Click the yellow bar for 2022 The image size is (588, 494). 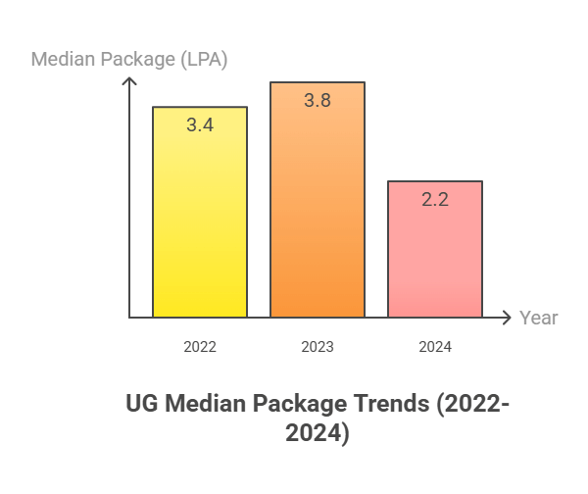point(200,225)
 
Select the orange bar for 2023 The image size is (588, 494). point(318,216)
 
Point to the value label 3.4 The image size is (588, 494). point(200,124)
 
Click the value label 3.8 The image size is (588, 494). point(318,100)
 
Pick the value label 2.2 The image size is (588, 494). point(435,199)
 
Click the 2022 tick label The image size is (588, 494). point(200,347)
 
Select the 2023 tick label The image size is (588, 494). point(318,347)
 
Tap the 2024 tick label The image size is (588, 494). point(435,347)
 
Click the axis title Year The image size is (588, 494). point(539,318)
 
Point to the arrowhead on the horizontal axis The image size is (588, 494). point(507,318)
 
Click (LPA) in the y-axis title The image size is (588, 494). point(199,59)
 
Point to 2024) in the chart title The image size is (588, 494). point(318,432)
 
